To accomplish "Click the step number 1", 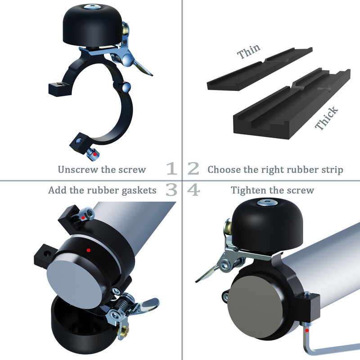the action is pyautogui.click(x=171, y=168).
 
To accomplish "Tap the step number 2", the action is pyautogui.click(x=193, y=168).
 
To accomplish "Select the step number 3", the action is pyautogui.click(x=171, y=189).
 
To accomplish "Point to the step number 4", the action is pyautogui.click(x=193, y=190).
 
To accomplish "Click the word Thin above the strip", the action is pyautogui.click(x=249, y=51).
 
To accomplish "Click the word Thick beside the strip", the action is pyautogui.click(x=326, y=118).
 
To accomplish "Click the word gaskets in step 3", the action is pyautogui.click(x=139, y=191).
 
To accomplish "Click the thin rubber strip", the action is pyautogui.click(x=260, y=68).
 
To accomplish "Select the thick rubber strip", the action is pyautogui.click(x=292, y=103).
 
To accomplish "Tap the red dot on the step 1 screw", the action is pyautogui.click(x=94, y=154).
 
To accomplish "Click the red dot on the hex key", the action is pyautogui.click(x=307, y=330).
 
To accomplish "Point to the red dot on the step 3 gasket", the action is pyautogui.click(x=89, y=250).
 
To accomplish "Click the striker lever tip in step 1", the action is pyautogui.click(x=150, y=74).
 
